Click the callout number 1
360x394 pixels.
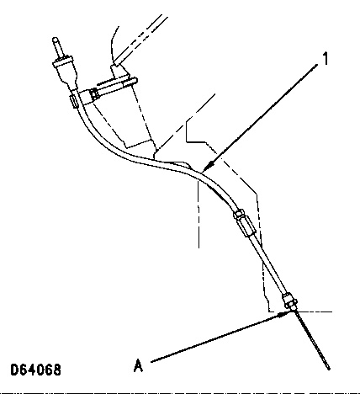point(325,59)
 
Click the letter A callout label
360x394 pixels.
point(138,365)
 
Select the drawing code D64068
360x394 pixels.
point(35,370)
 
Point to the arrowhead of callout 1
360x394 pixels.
point(207,167)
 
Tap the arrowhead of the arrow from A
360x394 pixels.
point(284,314)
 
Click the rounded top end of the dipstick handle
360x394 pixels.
point(56,40)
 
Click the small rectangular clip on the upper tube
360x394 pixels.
point(73,101)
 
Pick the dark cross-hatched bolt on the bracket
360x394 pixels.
point(94,93)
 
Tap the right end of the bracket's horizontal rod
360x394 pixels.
point(135,81)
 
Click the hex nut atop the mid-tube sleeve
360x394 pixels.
point(238,215)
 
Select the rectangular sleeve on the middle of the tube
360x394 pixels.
point(246,226)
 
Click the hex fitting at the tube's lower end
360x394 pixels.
point(290,301)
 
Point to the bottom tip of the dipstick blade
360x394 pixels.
point(328,368)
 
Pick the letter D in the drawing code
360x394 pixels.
point(13,370)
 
